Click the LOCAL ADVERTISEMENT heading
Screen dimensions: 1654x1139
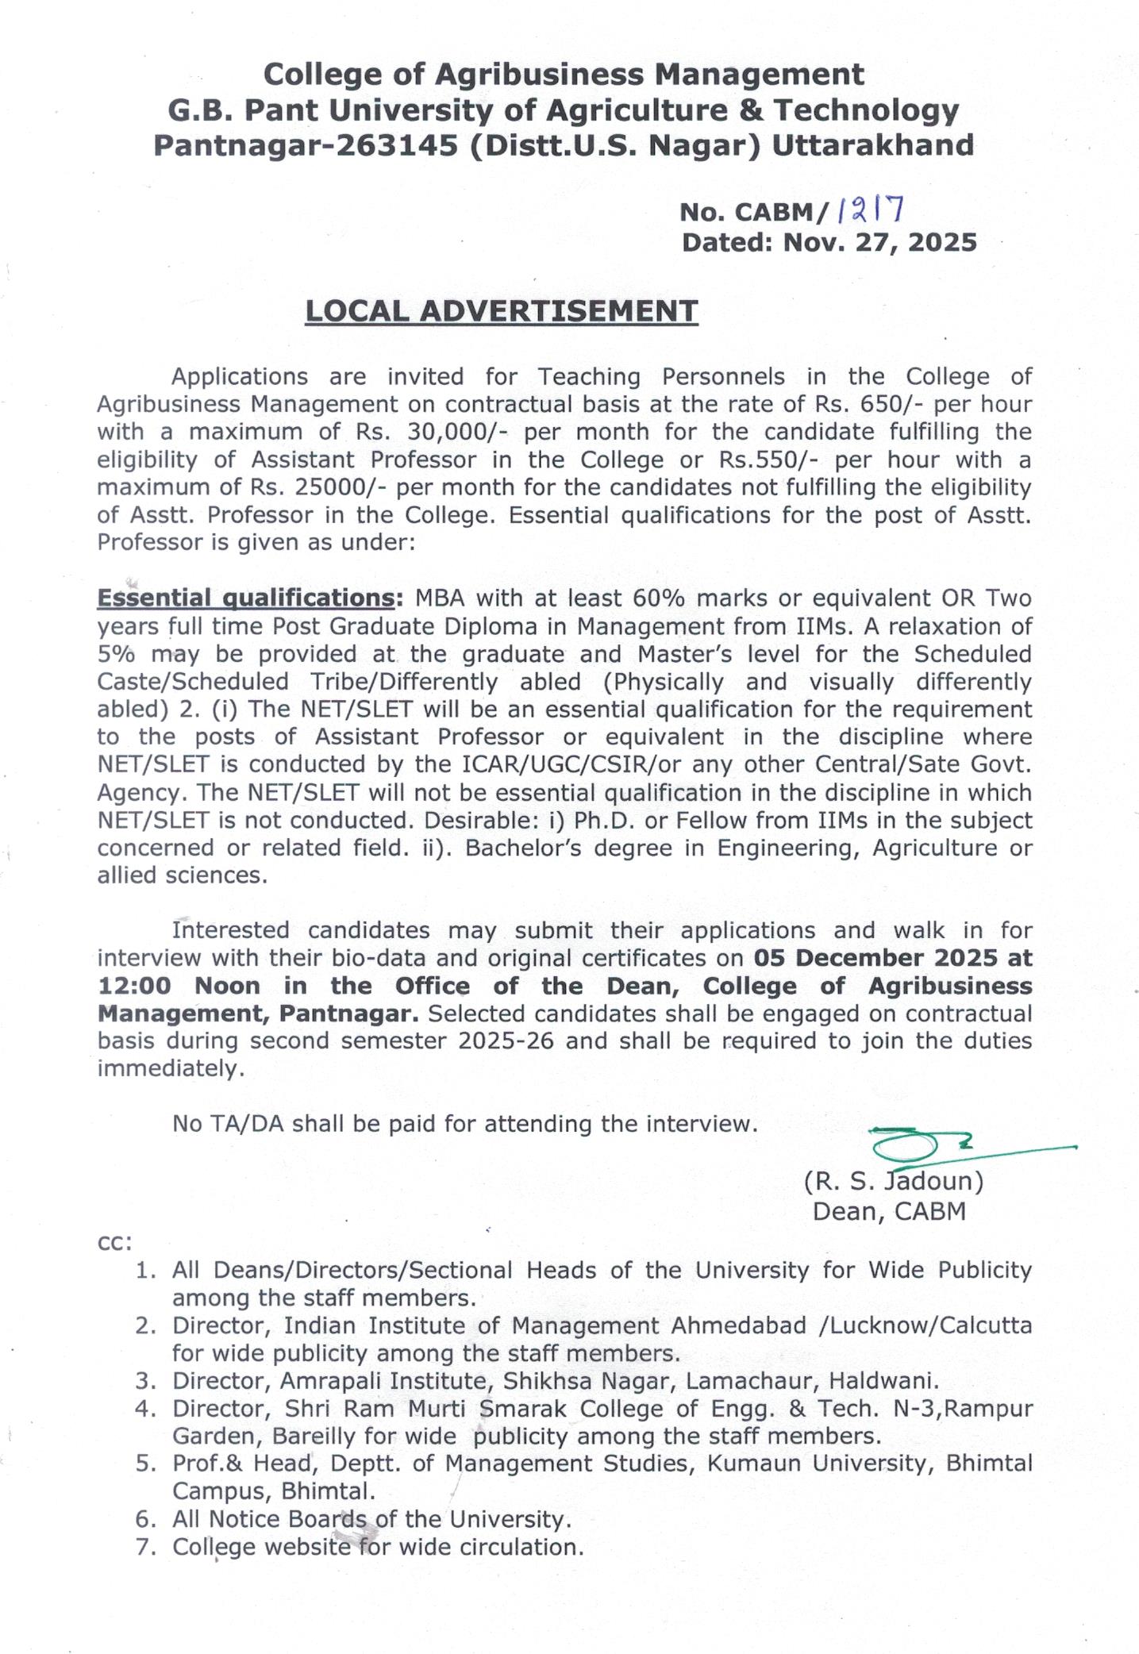[x=502, y=310]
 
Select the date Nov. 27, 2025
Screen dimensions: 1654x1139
[x=879, y=242]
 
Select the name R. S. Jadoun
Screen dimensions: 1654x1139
[x=894, y=1181]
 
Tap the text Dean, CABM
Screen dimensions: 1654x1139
[x=889, y=1212]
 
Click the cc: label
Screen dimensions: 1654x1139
[x=114, y=1242]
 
